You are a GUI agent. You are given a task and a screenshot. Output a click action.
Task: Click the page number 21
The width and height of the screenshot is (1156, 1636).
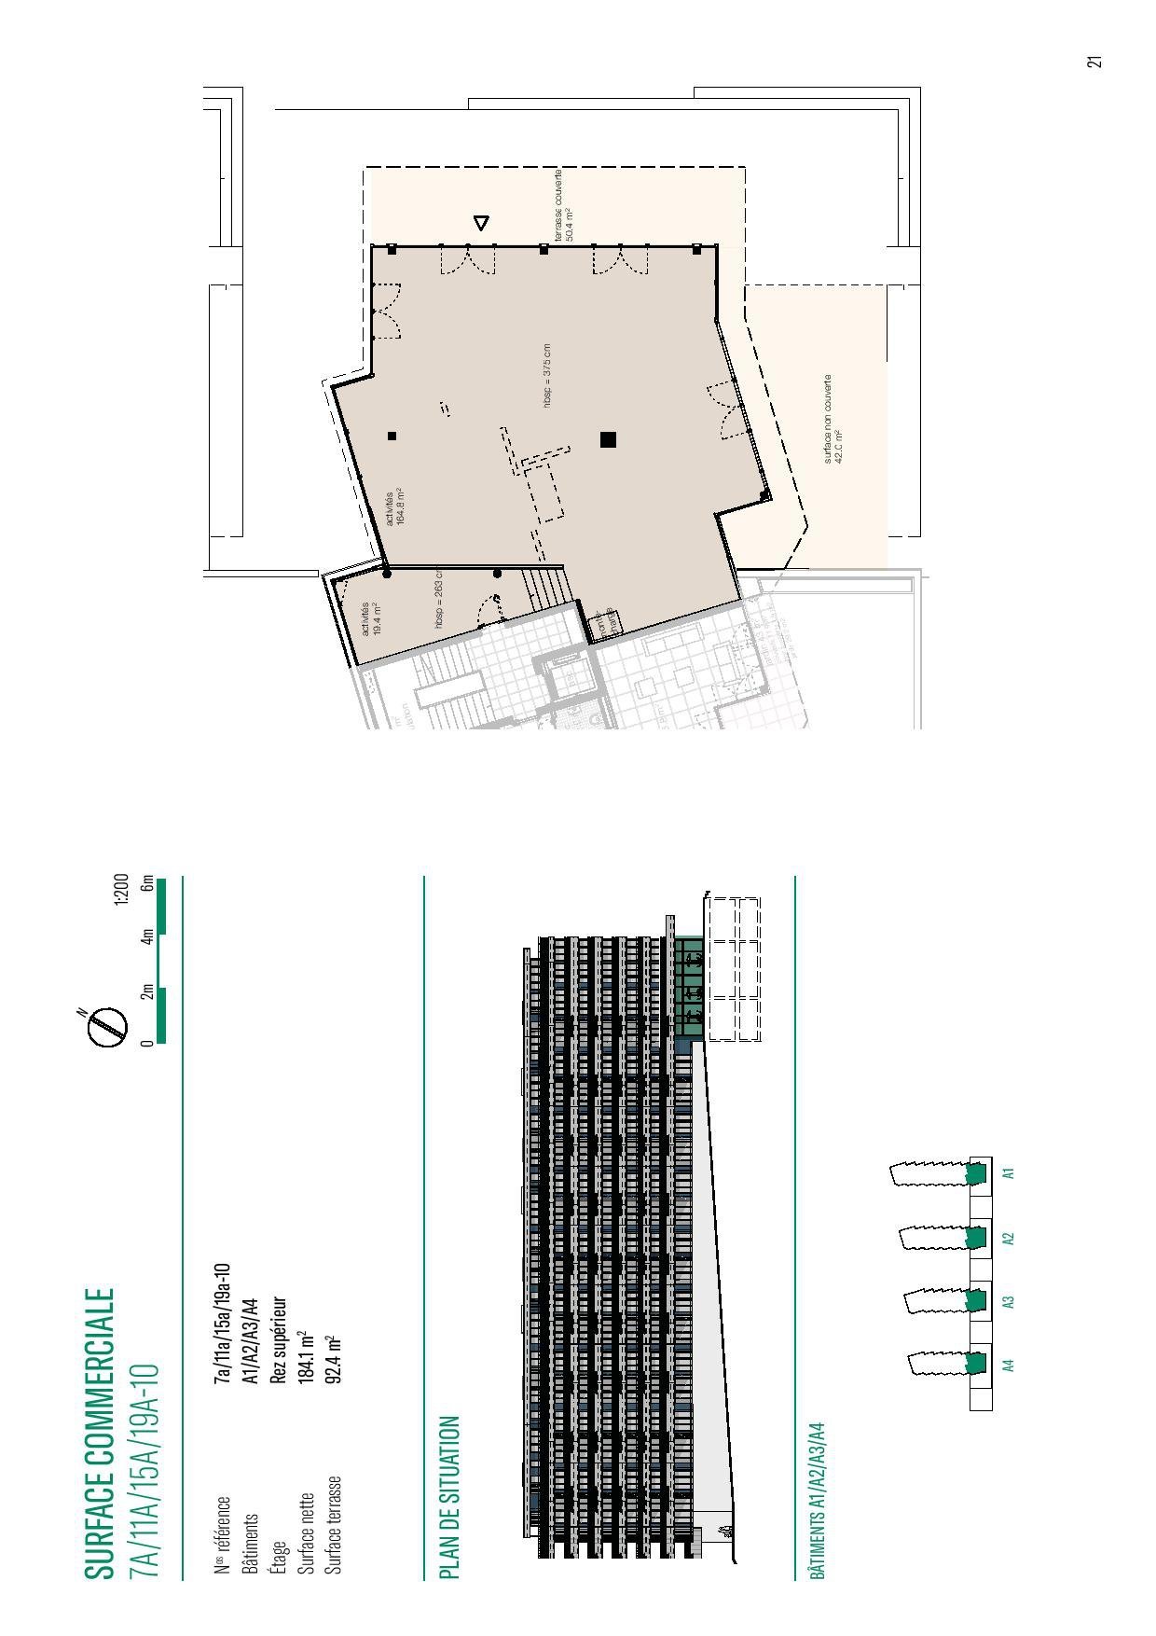click(1094, 61)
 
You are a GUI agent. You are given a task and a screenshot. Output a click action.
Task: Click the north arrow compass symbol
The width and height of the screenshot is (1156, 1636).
click(108, 1026)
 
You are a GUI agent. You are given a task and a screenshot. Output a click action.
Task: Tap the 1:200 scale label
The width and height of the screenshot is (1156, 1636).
click(120, 890)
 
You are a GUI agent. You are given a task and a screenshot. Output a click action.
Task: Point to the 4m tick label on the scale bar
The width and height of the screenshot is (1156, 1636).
click(147, 936)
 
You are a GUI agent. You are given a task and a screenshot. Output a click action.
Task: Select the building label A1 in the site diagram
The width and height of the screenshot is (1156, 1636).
click(1008, 1172)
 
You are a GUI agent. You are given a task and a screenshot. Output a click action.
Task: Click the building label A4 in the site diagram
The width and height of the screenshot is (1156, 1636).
click(1008, 1366)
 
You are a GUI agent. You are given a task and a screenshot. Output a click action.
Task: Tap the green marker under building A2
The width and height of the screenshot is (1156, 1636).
click(976, 1238)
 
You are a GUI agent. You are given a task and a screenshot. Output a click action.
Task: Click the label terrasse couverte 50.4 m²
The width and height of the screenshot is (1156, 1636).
click(563, 206)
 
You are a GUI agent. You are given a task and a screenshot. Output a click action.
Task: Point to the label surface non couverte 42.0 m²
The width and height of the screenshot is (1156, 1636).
click(833, 420)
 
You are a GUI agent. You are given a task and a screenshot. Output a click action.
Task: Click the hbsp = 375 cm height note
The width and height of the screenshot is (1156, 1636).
click(548, 376)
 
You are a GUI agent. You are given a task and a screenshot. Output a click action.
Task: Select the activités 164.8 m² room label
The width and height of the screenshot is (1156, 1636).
click(394, 506)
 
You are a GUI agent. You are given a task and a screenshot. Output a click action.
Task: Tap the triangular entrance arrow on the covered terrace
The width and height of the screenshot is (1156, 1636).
click(481, 223)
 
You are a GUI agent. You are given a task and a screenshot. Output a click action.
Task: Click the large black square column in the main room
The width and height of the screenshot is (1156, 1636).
click(609, 439)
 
